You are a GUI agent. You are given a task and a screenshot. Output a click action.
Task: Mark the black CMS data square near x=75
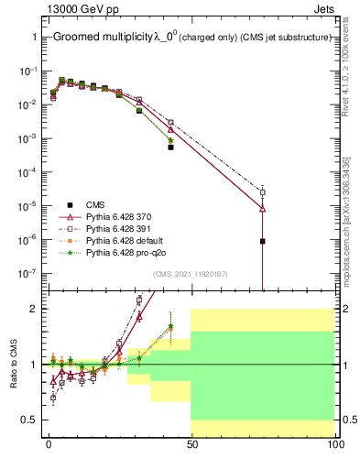(263, 241)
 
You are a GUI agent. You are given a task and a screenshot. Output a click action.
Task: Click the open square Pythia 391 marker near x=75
(263, 191)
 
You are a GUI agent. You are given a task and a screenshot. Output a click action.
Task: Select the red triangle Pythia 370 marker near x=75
(263, 209)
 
